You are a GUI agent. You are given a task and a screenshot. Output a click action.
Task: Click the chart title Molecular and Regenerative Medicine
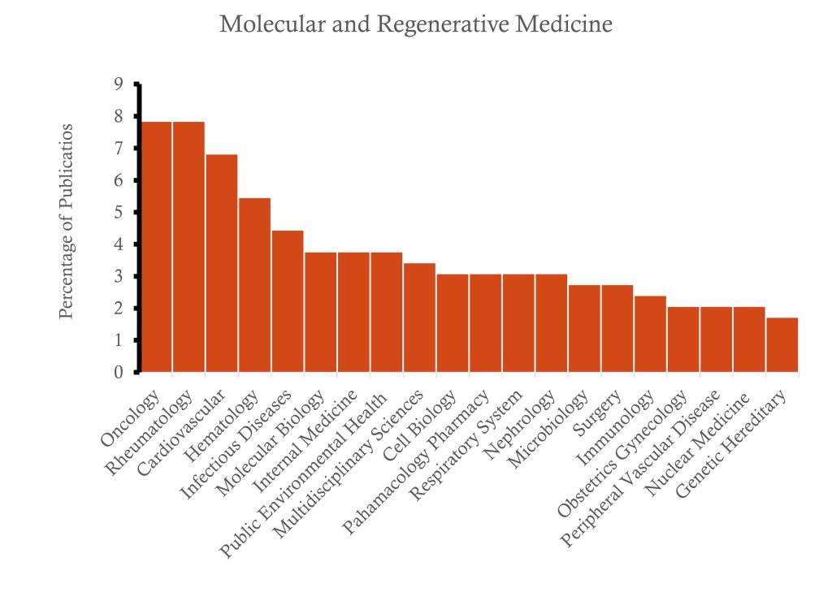[x=416, y=25]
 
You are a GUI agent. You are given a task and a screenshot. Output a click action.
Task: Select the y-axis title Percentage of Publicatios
[x=67, y=221]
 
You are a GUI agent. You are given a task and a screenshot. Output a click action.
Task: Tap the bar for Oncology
[x=156, y=247]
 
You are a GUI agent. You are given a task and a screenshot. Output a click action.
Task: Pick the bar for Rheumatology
[x=188, y=247]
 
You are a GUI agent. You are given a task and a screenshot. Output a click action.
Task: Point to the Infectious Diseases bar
[x=288, y=301]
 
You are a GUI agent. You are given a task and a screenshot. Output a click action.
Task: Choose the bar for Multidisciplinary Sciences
[x=419, y=318]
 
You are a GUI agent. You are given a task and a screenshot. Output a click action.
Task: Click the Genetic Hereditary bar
[x=782, y=345]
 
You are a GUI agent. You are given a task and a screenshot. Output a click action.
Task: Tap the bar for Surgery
[x=617, y=329]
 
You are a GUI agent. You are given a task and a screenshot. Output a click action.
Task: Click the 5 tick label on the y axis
[x=119, y=212]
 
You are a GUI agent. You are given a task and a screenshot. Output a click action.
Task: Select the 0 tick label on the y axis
[x=119, y=373]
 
